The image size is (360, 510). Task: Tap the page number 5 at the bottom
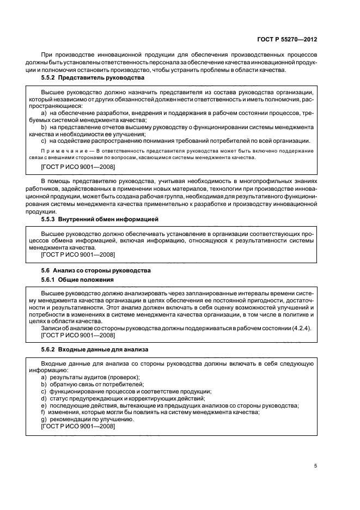[316, 466]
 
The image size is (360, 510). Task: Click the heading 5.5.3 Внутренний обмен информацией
[99, 219]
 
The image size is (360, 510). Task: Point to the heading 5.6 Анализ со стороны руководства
[96, 270]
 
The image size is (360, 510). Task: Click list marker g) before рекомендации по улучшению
[44, 419]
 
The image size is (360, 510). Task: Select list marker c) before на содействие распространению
[44, 141]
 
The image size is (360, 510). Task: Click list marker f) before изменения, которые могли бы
[44, 412]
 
